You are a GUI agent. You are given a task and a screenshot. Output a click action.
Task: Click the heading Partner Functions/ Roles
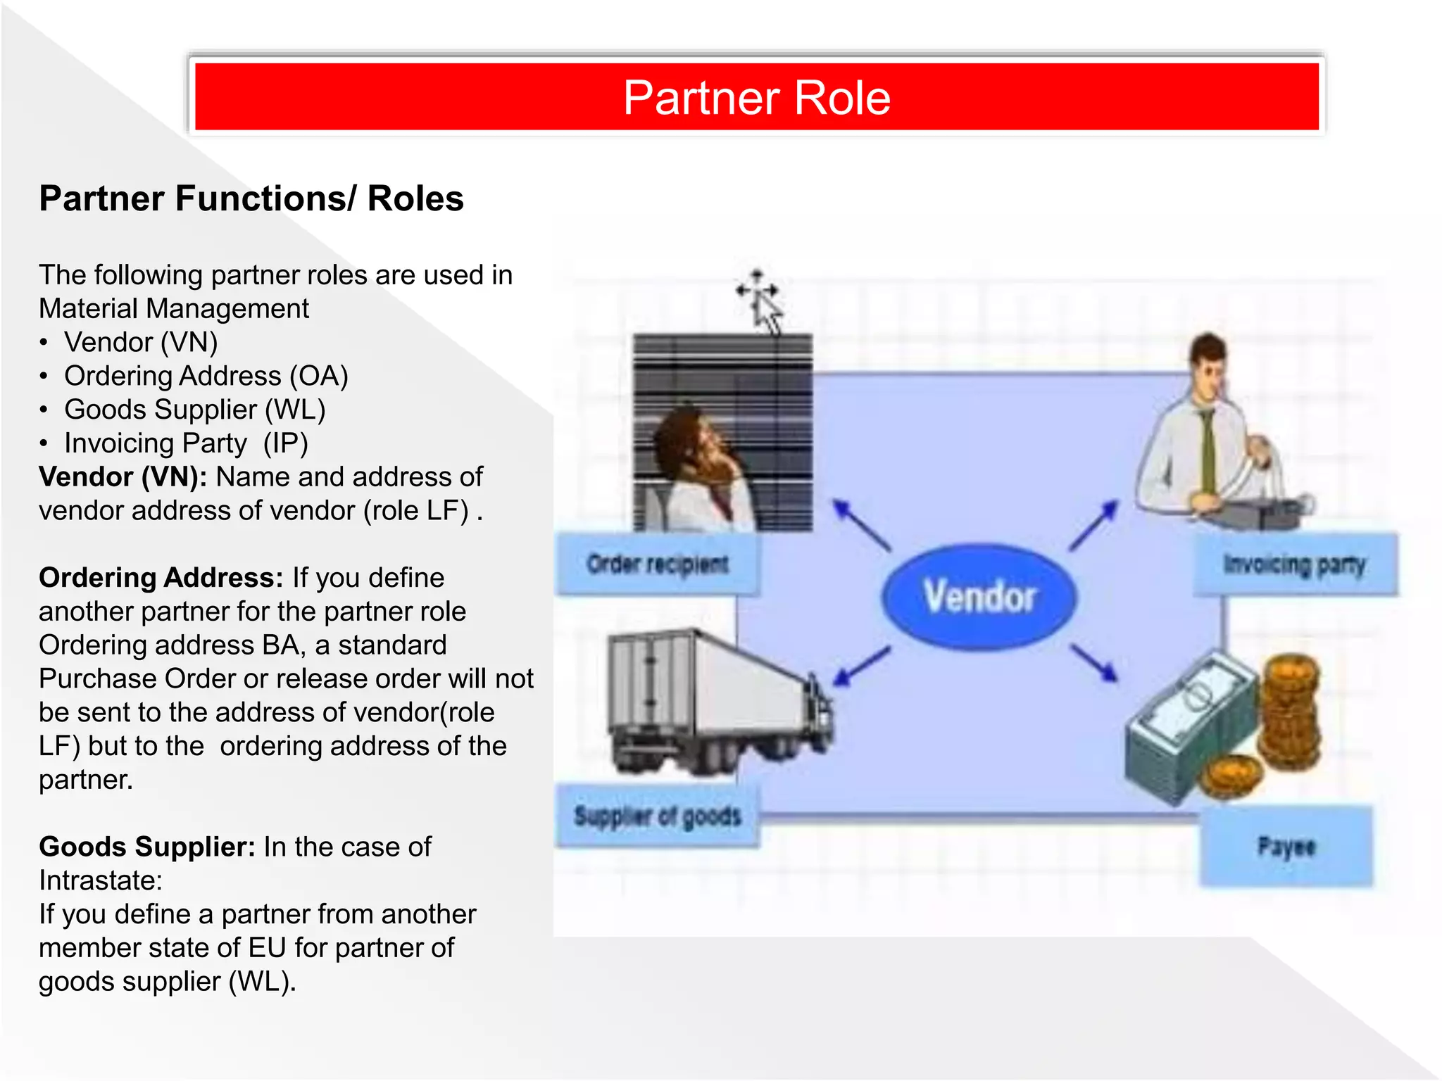tap(251, 198)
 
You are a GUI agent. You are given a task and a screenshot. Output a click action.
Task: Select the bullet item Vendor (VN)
tap(141, 342)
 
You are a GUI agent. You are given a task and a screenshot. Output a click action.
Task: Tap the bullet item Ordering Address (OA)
tap(206, 376)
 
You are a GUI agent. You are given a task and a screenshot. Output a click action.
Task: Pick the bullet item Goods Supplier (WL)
tap(194, 410)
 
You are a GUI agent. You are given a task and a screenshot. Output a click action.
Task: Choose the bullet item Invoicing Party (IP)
tap(186, 443)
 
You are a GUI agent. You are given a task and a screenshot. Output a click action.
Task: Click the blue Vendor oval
tap(979, 595)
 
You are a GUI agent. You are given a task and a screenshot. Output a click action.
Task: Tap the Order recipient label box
tap(658, 564)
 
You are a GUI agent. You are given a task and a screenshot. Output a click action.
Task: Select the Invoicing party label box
tap(1294, 564)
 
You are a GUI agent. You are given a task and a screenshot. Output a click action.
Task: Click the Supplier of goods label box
tap(658, 816)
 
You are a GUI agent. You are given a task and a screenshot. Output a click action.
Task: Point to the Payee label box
tap(1286, 846)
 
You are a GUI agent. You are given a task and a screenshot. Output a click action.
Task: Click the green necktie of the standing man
tap(1208, 450)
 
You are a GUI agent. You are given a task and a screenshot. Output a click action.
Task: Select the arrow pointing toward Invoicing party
tap(1093, 525)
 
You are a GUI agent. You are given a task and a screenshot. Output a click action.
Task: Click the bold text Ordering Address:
tap(161, 578)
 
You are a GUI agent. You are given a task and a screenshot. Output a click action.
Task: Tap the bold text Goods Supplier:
tap(146, 847)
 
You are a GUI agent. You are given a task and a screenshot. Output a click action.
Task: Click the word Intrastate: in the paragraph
tap(101, 880)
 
